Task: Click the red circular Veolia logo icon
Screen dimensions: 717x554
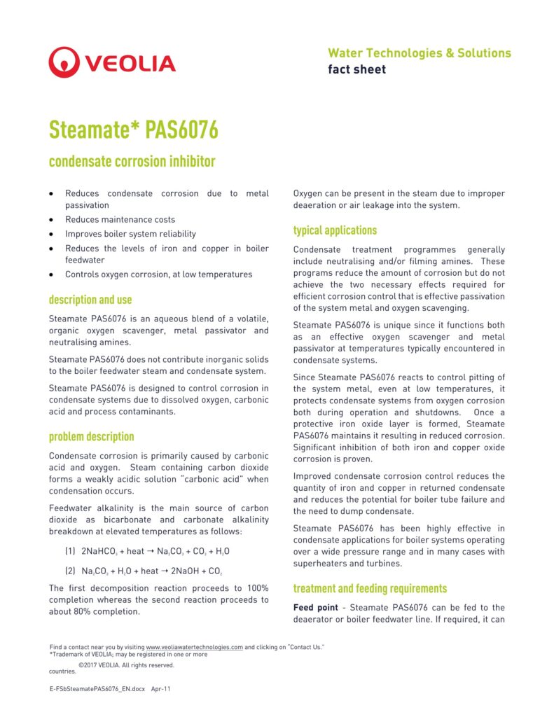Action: (64, 62)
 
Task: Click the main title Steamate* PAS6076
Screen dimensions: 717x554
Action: (133, 130)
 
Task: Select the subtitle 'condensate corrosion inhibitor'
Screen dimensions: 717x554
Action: (132, 162)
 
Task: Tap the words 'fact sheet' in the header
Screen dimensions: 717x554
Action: (356, 69)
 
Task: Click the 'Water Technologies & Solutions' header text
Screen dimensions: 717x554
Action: (419, 53)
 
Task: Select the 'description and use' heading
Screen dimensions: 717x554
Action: (90, 300)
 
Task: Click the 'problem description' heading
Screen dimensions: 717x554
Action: (91, 436)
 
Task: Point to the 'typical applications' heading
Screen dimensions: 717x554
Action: (335, 230)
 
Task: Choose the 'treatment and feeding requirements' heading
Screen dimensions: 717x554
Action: (370, 588)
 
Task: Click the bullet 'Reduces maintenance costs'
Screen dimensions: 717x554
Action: (120, 219)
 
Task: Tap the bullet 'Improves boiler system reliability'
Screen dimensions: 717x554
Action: (130, 234)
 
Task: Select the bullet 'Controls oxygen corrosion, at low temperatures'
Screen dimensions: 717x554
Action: (158, 274)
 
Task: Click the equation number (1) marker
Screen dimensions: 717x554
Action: (70, 551)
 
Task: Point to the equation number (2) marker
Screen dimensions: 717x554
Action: (70, 571)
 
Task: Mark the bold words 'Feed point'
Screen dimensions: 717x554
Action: (318, 608)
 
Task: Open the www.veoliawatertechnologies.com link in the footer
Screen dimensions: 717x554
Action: (194, 648)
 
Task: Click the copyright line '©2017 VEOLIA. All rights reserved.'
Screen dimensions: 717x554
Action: (126, 665)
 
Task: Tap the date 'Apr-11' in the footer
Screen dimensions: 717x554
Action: (161, 689)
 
